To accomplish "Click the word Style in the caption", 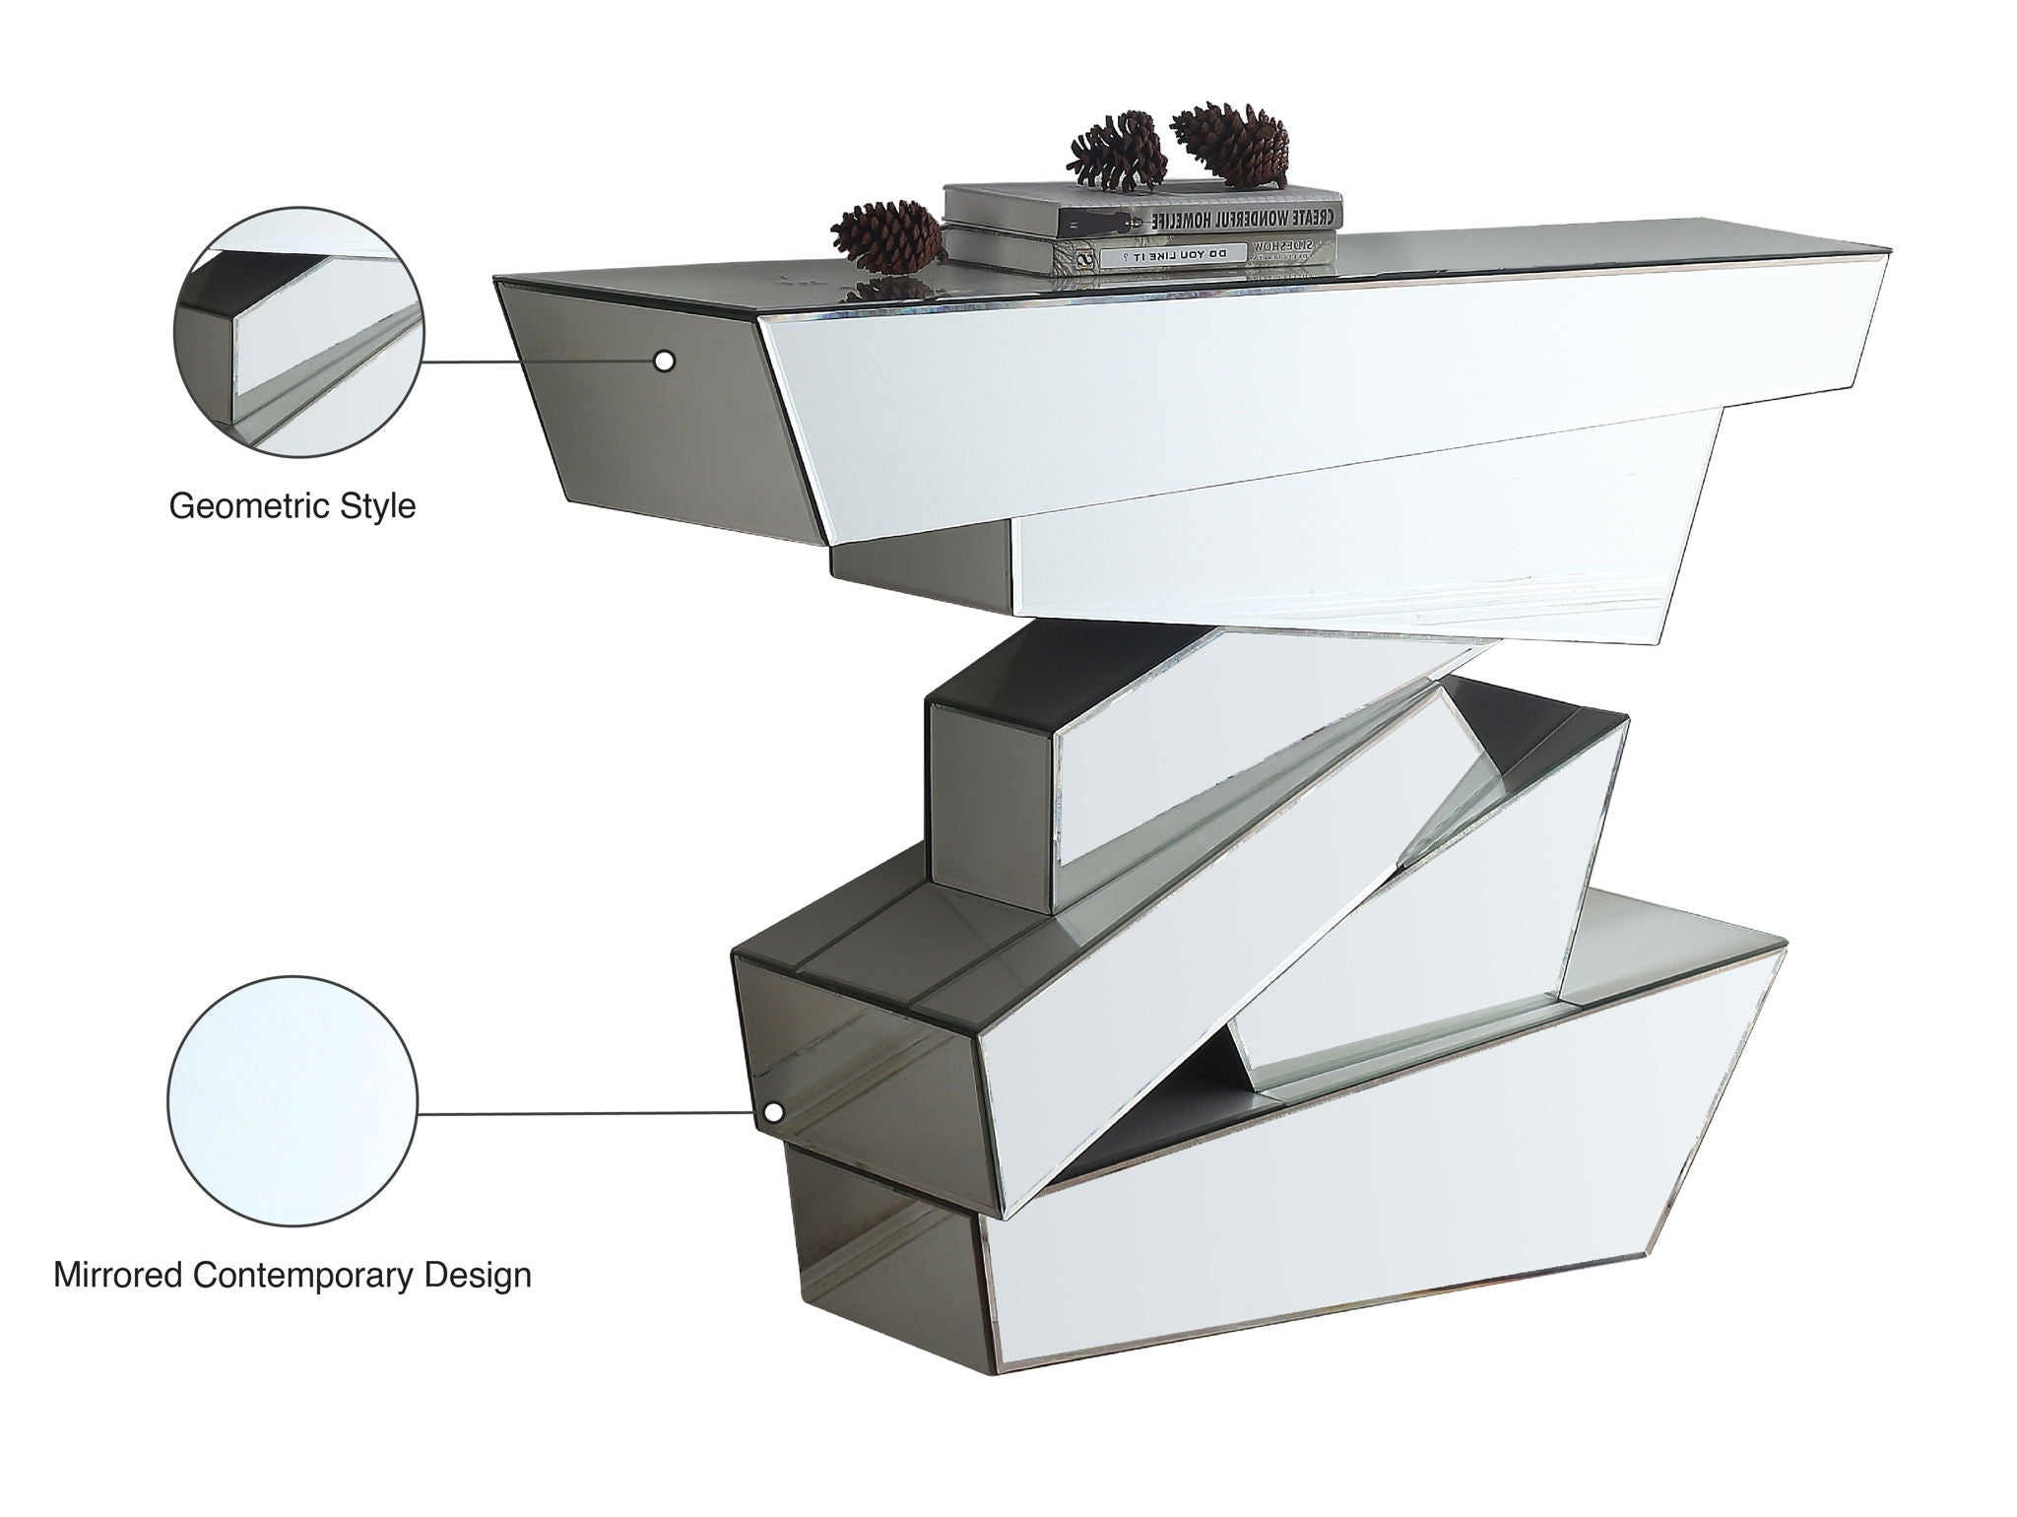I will (x=378, y=507).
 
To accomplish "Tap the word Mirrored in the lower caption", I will (x=118, y=1275).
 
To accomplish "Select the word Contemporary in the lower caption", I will (x=303, y=1275).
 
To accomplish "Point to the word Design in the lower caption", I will (x=478, y=1275).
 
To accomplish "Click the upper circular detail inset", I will (x=299, y=332).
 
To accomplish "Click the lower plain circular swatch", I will (x=293, y=1101).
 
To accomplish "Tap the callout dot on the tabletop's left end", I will (x=665, y=362).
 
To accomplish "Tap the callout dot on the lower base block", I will (x=774, y=1113).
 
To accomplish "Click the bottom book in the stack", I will (x=1142, y=253).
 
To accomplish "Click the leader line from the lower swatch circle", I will (x=591, y=1113).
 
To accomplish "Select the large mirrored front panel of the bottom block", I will (x=1379, y=1231).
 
